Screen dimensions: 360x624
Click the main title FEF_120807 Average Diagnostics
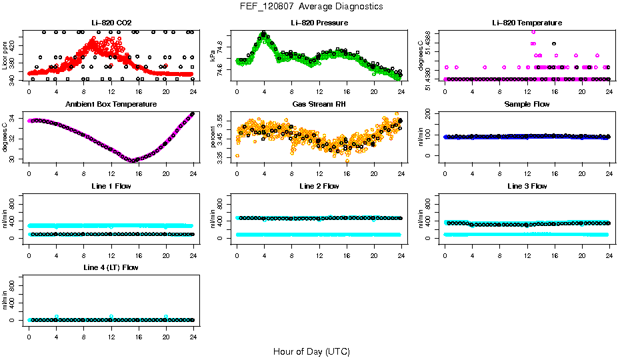[312, 6]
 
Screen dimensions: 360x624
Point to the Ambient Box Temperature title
[111, 105]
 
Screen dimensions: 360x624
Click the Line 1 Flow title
[111, 186]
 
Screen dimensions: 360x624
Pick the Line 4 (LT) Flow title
[111, 267]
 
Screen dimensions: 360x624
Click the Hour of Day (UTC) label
[311, 351]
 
